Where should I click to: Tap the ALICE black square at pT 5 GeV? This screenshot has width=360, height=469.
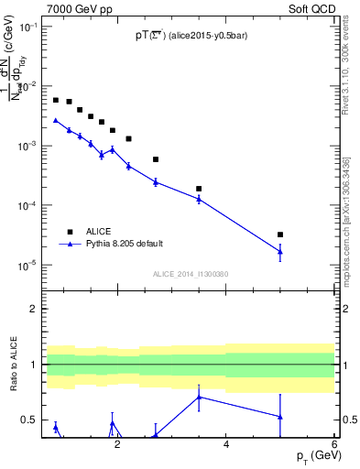280,234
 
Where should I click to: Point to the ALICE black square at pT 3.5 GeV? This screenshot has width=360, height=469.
199,189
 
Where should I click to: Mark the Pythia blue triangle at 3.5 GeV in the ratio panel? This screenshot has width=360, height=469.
199,397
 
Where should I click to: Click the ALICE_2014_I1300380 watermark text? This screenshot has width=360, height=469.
191,274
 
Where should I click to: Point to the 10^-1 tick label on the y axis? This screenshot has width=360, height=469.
27,27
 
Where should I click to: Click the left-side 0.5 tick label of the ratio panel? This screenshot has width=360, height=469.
29,420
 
